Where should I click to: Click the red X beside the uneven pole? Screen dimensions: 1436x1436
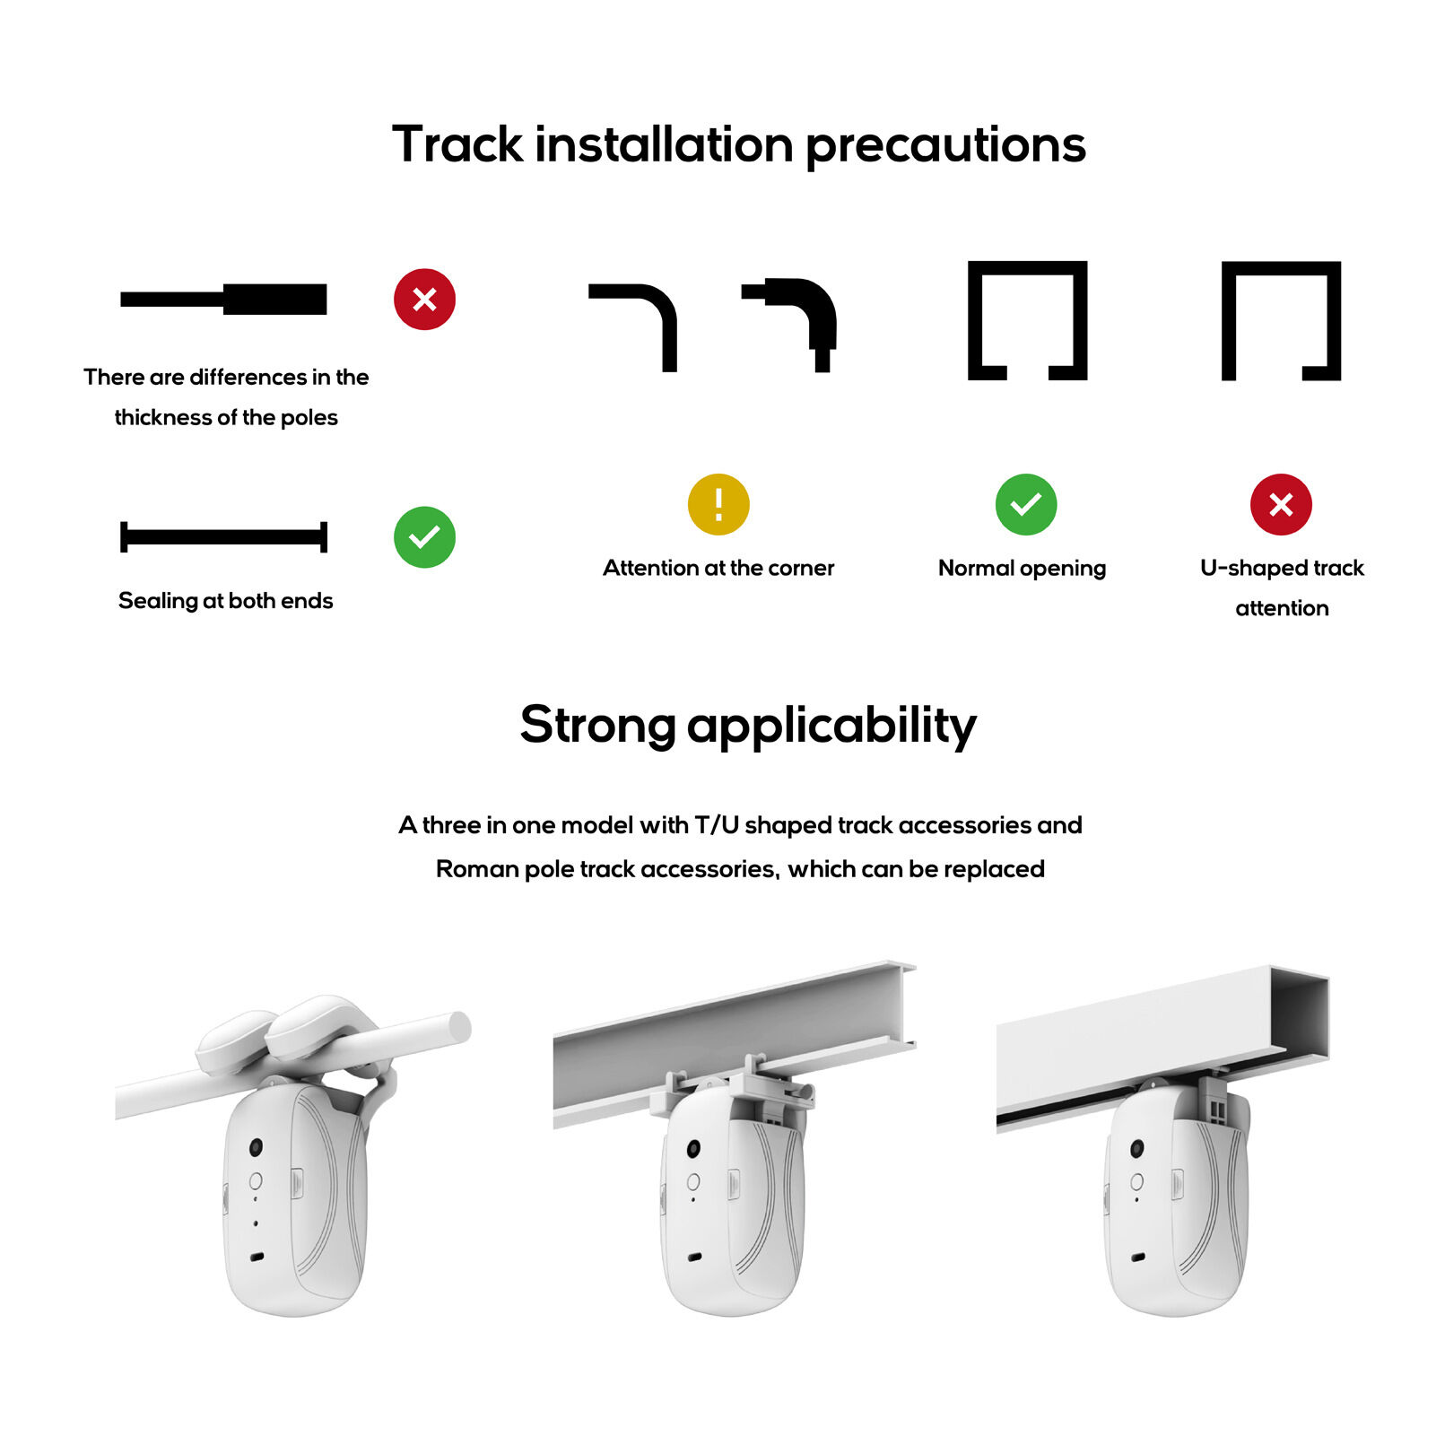click(424, 299)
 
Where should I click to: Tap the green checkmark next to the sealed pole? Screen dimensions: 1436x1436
click(424, 536)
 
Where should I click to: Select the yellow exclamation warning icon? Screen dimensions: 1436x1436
click(718, 504)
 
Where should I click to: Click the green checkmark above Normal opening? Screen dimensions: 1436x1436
click(1025, 504)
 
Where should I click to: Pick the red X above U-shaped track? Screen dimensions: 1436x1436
click(1280, 504)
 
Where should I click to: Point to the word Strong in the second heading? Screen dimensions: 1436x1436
click(597, 725)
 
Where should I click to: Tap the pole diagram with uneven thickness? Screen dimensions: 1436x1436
click(223, 299)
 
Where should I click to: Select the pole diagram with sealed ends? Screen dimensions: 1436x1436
click(223, 536)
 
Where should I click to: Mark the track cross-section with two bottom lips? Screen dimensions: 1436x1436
click(1027, 320)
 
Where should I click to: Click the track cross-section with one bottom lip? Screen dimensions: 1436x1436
click(1280, 320)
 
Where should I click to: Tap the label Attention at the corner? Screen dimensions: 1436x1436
click(718, 568)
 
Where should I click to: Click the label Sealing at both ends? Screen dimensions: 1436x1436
click(225, 601)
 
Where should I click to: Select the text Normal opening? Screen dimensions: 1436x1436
click(1022, 568)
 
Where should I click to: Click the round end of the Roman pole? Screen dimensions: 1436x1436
click(459, 1027)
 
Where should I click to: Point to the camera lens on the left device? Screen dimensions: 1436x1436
click(256, 1147)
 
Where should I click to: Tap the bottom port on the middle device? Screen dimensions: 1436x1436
click(694, 1257)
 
